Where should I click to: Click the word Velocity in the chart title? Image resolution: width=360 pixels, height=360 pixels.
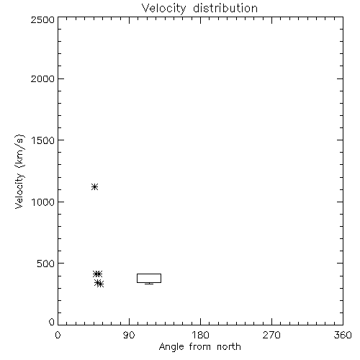click(x=163, y=9)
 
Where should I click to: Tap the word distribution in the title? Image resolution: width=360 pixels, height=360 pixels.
click(x=225, y=8)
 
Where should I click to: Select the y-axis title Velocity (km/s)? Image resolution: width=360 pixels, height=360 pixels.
click(x=19, y=171)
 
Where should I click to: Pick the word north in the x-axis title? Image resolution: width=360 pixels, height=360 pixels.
click(x=229, y=346)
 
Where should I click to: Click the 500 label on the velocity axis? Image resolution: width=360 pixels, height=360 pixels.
click(x=46, y=264)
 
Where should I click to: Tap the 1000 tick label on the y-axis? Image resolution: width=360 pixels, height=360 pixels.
click(x=43, y=202)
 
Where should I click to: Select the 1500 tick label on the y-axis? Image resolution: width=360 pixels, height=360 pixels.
click(x=43, y=140)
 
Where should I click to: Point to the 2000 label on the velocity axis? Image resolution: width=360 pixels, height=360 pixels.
click(x=43, y=79)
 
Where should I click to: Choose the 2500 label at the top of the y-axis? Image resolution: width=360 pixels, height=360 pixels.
click(x=43, y=19)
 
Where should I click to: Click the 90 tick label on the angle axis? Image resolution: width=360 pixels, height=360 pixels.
click(x=129, y=335)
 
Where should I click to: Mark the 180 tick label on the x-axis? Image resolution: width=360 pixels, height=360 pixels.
click(x=200, y=335)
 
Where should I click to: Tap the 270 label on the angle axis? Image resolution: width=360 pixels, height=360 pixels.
click(x=271, y=335)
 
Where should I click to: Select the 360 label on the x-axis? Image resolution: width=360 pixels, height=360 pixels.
click(x=343, y=335)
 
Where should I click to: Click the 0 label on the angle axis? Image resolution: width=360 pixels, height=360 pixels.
click(x=58, y=335)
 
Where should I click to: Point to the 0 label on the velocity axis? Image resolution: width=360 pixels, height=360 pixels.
click(x=52, y=322)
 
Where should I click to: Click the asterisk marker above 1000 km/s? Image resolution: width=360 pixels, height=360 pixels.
click(x=95, y=186)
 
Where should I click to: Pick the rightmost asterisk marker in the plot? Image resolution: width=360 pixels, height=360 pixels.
click(x=100, y=284)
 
